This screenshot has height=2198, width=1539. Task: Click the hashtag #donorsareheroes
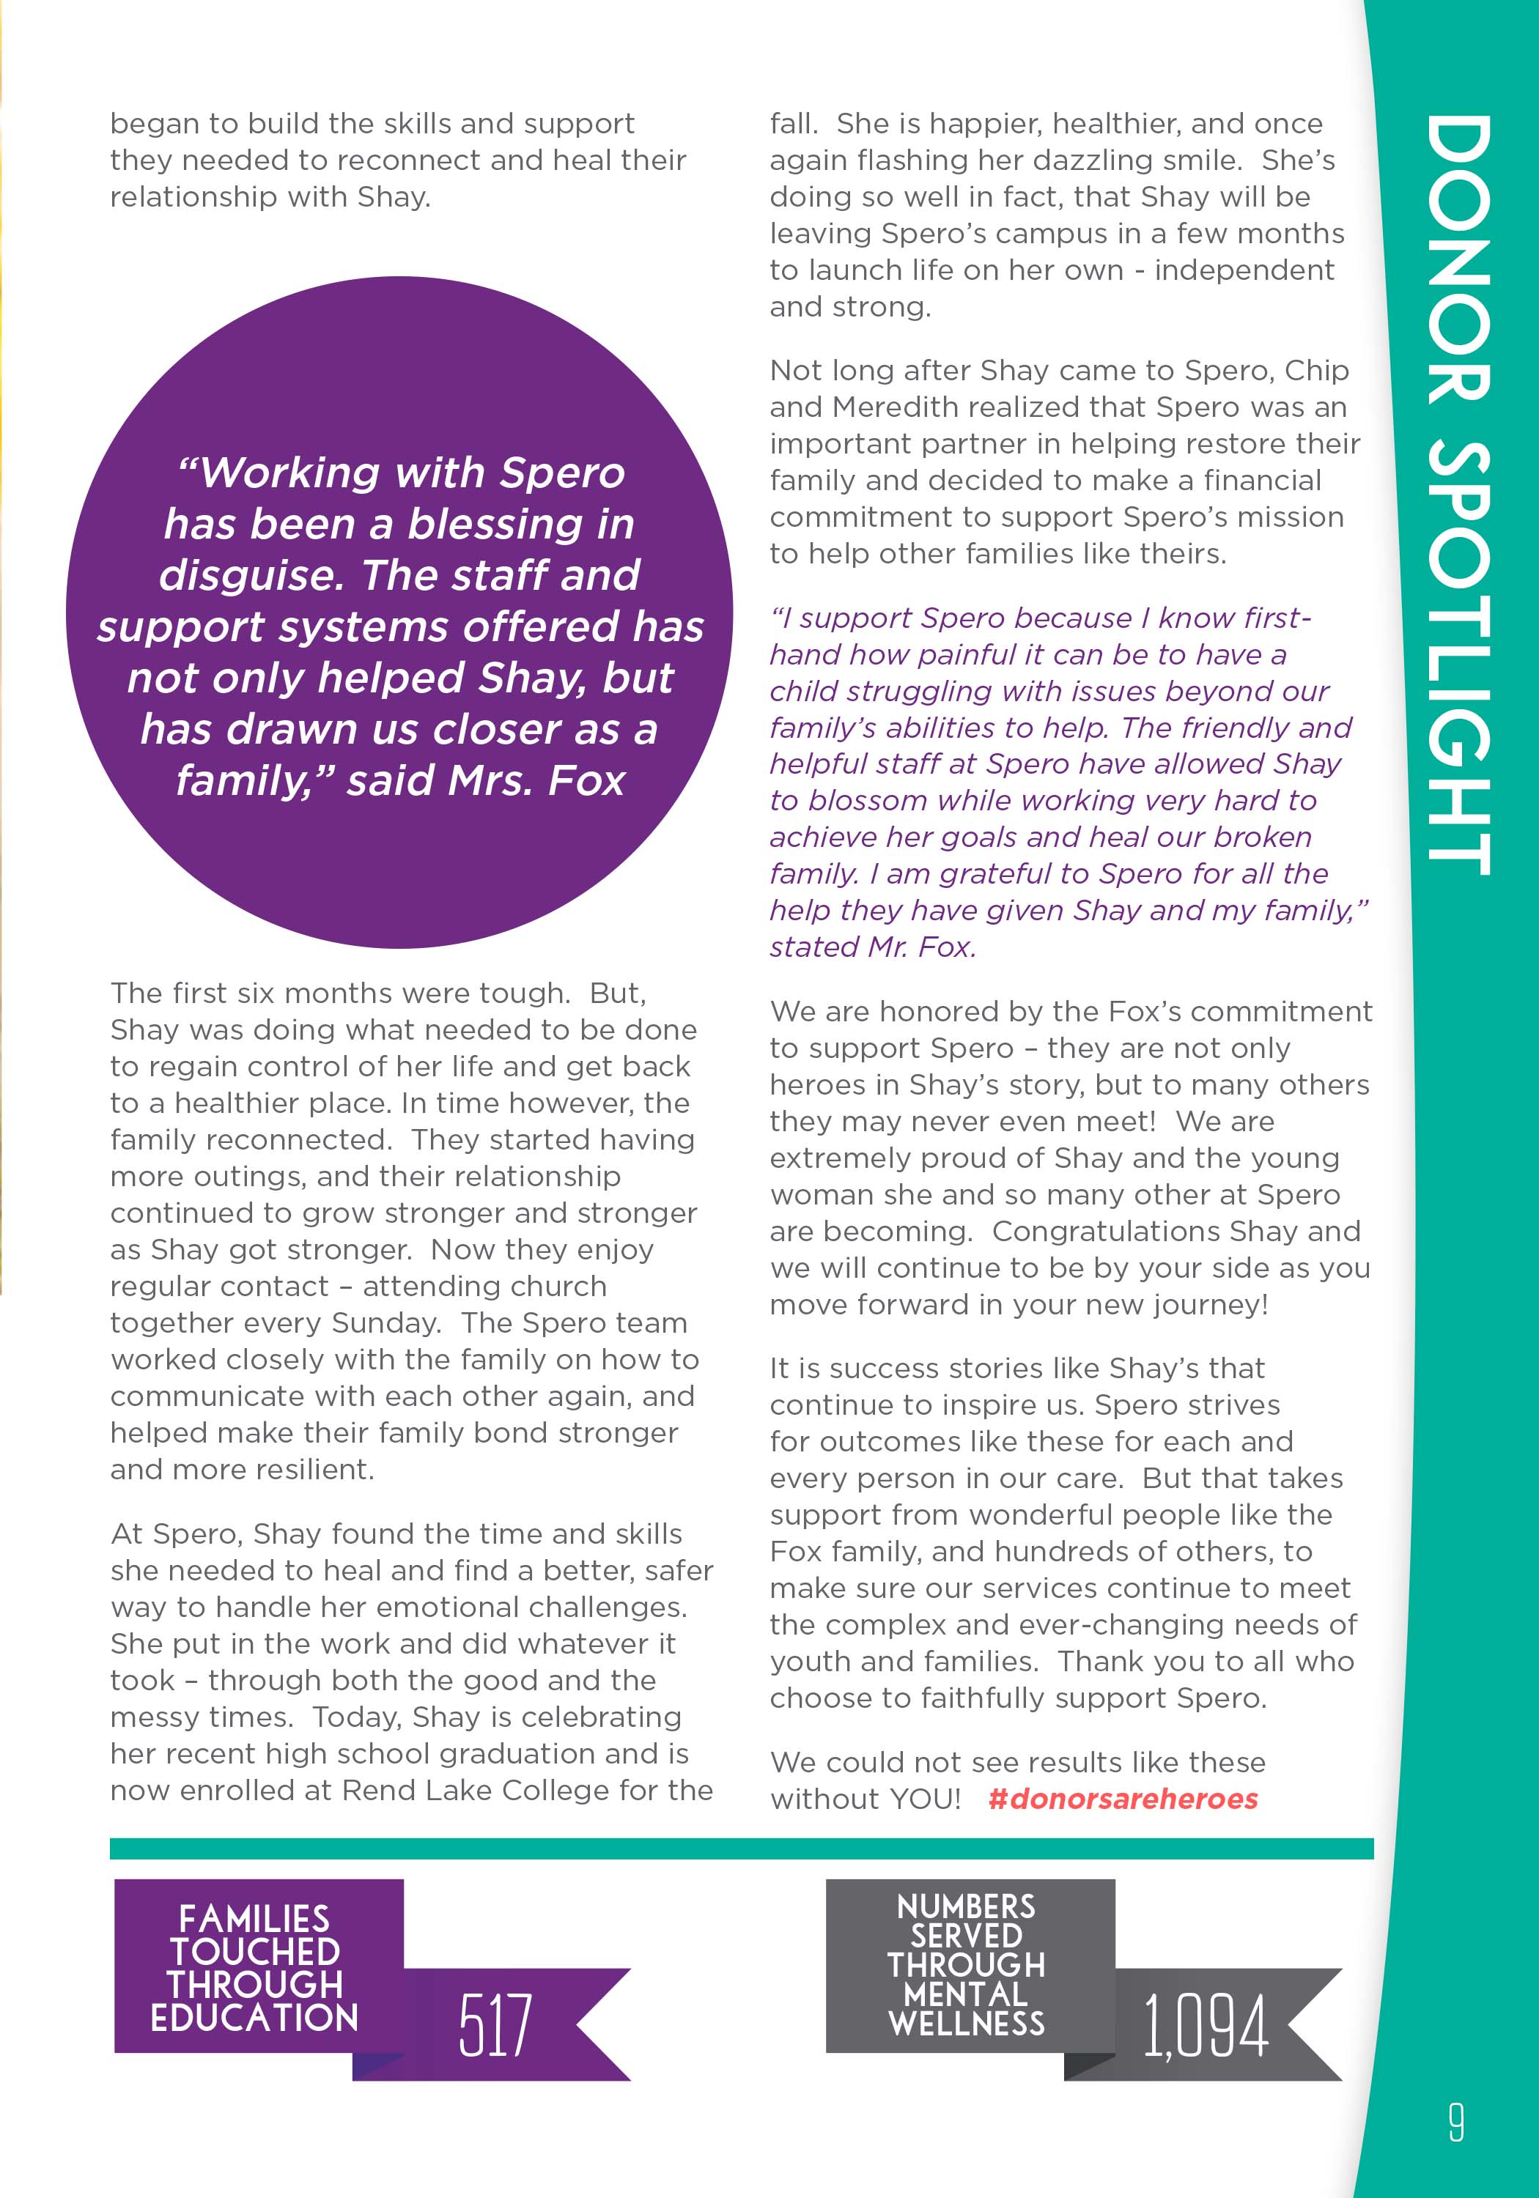(1123, 1799)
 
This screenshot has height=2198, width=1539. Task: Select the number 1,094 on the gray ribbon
(1205, 2026)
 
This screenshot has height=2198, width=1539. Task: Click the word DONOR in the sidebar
(1458, 259)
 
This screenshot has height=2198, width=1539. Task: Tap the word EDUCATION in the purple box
(254, 2017)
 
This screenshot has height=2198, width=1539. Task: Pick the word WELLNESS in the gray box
(967, 2023)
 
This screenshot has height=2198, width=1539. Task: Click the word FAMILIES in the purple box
(254, 1918)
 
